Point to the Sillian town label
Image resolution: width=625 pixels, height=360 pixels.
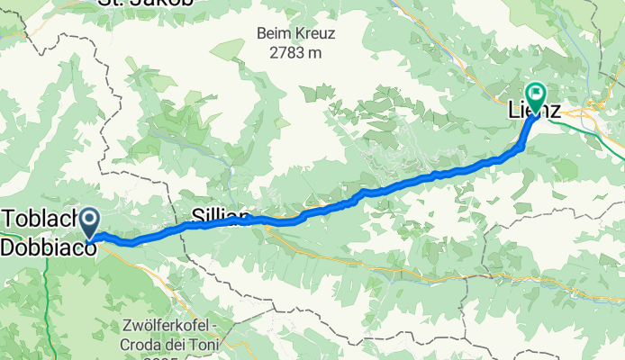pyautogui.click(x=220, y=215)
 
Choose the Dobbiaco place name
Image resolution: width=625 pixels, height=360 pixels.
pyautogui.click(x=49, y=244)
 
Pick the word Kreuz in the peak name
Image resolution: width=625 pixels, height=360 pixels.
pyautogui.click(x=314, y=34)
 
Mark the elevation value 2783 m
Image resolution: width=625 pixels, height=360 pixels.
pyautogui.click(x=295, y=52)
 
